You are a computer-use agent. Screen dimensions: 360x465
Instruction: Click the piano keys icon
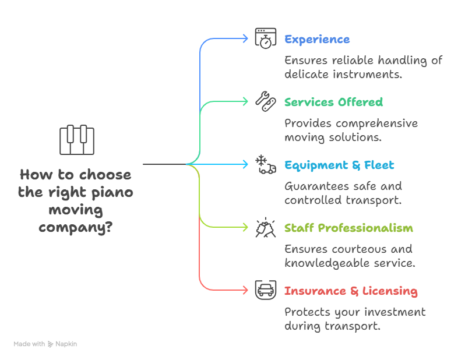(x=76, y=140)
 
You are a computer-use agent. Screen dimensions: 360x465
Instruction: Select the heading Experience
(x=317, y=40)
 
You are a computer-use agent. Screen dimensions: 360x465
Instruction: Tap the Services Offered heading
(x=333, y=103)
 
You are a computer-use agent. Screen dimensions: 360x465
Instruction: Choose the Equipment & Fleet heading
(x=339, y=165)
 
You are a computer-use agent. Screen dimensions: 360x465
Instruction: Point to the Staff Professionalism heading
(x=348, y=228)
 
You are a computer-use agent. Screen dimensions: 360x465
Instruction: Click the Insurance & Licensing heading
(x=351, y=291)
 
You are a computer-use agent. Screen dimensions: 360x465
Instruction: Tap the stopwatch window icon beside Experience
(x=266, y=38)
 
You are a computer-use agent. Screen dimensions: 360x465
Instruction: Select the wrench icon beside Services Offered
(x=266, y=101)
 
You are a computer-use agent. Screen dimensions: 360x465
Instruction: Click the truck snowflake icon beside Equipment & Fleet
(x=266, y=165)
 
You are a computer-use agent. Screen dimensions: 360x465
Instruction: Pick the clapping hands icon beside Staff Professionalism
(x=266, y=228)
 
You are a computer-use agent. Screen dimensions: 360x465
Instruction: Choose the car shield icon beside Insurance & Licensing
(x=266, y=290)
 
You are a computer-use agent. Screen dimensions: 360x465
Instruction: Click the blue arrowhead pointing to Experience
(x=245, y=38)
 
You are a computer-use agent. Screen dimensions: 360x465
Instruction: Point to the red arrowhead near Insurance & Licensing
(x=245, y=290)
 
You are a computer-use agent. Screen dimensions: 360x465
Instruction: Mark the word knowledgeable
(x=330, y=263)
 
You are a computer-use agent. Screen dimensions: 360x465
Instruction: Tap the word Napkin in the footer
(x=66, y=344)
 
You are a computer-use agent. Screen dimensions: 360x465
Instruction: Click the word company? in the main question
(x=76, y=227)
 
